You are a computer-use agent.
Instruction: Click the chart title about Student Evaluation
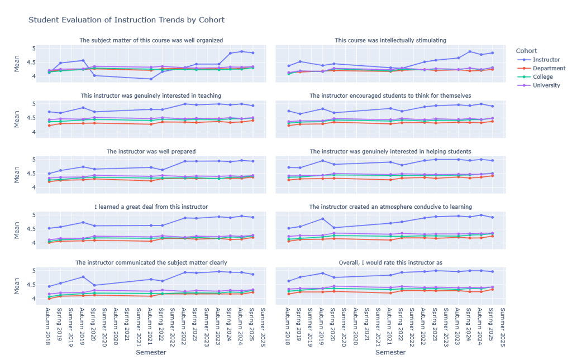(x=126, y=20)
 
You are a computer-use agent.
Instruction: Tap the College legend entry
(x=542, y=77)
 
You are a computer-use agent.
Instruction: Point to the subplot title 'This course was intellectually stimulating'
(x=390, y=40)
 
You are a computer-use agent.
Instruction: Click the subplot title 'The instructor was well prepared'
(x=151, y=151)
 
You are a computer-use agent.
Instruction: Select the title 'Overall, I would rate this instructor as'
(x=390, y=262)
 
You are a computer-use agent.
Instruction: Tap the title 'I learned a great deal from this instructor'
(x=151, y=207)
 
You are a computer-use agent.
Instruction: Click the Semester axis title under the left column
(x=151, y=352)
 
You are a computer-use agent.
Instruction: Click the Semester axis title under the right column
(x=390, y=352)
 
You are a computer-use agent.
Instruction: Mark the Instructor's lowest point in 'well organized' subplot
(x=151, y=79)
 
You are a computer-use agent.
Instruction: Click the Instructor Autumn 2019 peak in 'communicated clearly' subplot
(x=83, y=277)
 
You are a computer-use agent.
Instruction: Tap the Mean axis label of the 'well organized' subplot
(x=16, y=63)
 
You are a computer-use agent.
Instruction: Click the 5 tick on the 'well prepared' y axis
(x=35, y=160)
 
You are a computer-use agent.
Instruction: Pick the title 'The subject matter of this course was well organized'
(x=151, y=40)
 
